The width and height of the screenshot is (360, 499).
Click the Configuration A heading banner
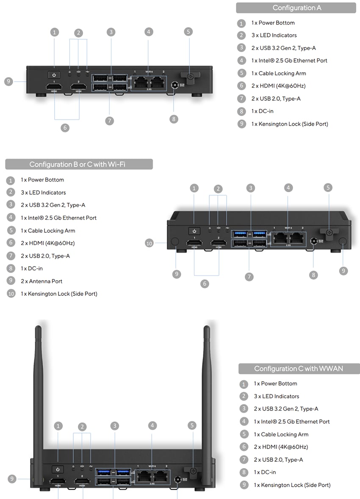click(296, 8)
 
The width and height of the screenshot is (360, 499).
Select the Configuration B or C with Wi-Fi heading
click(79, 164)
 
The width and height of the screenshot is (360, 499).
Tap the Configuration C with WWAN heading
click(299, 369)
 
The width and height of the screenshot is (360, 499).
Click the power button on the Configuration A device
click(54, 75)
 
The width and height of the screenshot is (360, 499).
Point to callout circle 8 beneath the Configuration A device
click(174, 119)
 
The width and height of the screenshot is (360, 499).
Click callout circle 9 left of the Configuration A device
click(9, 82)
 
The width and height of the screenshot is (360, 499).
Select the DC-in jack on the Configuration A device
click(174, 85)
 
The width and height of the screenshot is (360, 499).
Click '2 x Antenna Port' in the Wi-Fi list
click(45, 281)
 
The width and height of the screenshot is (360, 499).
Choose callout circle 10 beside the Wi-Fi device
click(149, 243)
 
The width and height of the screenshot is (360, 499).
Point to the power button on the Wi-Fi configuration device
click(194, 231)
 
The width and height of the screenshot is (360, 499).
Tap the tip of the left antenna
click(38, 328)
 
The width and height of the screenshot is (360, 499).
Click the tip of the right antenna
click(207, 328)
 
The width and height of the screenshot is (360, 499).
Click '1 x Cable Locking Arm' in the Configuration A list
click(278, 73)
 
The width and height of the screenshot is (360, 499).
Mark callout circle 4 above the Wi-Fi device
click(288, 187)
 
